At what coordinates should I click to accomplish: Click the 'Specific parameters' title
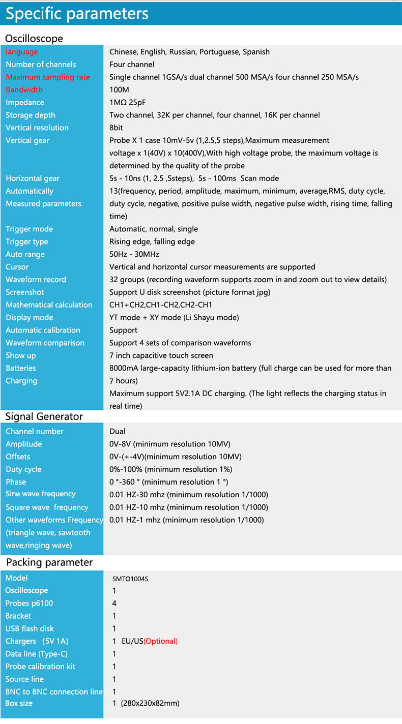[x=77, y=14]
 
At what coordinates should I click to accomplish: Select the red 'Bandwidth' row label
[x=24, y=90]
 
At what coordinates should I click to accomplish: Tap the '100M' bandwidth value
[x=119, y=90]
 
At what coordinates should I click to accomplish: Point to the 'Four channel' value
[x=132, y=65]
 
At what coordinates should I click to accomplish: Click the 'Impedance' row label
[x=25, y=103]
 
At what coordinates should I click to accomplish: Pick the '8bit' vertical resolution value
[x=116, y=128]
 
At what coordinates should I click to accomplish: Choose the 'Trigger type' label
[x=27, y=242]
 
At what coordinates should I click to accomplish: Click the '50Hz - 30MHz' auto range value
[x=134, y=254]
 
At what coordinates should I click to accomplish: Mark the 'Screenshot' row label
[x=25, y=292]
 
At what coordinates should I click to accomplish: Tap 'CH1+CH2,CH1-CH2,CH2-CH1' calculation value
[x=161, y=305]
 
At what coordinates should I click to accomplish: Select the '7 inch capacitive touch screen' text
[x=161, y=355]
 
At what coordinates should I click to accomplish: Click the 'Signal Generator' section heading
[x=44, y=417]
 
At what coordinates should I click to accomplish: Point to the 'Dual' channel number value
[x=118, y=431]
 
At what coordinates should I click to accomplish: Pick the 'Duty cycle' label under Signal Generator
[x=23, y=469]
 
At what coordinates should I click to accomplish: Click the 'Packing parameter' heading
[x=49, y=562]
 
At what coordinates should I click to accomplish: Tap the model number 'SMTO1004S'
[x=130, y=579]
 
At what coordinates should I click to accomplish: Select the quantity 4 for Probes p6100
[x=114, y=604]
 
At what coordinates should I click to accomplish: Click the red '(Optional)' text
[x=160, y=641]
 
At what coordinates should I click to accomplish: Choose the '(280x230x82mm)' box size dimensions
[x=150, y=703]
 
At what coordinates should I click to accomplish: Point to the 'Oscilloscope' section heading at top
[x=34, y=39]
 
